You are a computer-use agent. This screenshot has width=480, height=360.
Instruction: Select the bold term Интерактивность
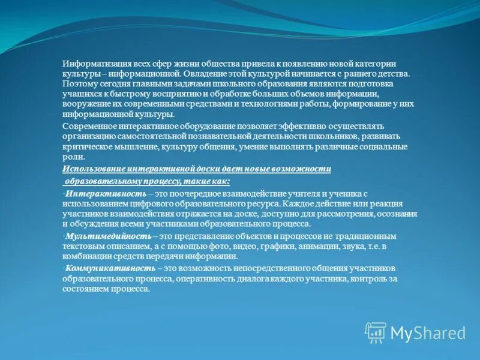[106, 193]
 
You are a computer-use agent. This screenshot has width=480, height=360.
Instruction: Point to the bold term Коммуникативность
[110, 268]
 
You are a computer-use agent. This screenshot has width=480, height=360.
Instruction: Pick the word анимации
[308, 246]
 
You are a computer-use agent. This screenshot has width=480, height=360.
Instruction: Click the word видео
[232, 246]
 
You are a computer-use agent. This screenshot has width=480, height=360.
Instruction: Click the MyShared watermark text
[428, 333]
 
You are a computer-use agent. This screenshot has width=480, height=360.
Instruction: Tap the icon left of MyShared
[376, 332]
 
